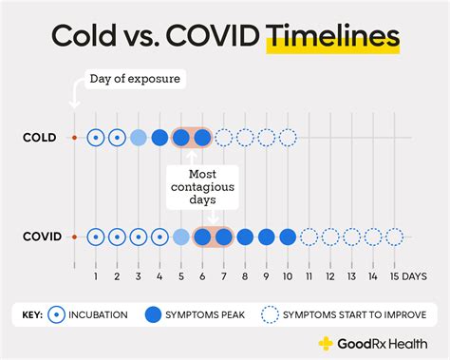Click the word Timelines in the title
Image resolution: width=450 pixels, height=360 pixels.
pyautogui.click(x=332, y=39)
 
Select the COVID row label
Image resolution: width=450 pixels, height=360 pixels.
pyautogui.click(x=42, y=237)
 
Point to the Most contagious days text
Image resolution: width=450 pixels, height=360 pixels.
pyautogui.click(x=201, y=187)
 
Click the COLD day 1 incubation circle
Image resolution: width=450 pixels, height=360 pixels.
pyautogui.click(x=96, y=138)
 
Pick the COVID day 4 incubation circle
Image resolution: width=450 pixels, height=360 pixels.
pyautogui.click(x=159, y=237)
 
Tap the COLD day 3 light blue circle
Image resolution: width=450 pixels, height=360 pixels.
pyautogui.click(x=138, y=138)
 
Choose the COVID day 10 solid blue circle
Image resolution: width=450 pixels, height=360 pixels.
pyautogui.click(x=288, y=237)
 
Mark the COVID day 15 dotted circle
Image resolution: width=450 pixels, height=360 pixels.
pyautogui.click(x=394, y=237)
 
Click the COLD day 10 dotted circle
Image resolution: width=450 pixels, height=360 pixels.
pyautogui.click(x=288, y=138)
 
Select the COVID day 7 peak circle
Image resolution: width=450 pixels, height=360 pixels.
pyautogui.click(x=223, y=237)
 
